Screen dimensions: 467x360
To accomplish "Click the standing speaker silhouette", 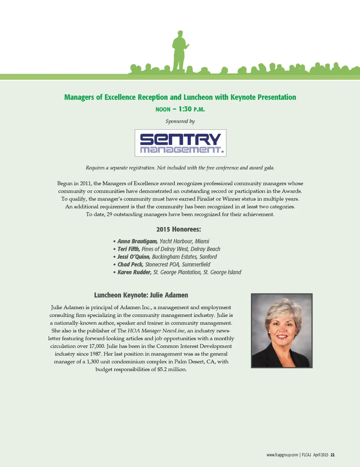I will [x=179, y=51].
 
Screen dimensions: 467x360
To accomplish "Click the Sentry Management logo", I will [x=180, y=143].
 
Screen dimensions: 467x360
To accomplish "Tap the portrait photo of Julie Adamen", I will [x=282, y=331].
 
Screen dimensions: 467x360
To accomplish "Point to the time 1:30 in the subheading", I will [x=185, y=109].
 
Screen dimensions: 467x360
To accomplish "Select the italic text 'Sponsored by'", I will [x=180, y=121].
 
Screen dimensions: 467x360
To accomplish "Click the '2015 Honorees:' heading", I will [x=179, y=229].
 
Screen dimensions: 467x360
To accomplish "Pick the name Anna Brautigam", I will [x=137, y=241].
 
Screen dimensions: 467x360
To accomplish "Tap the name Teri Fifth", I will [x=129, y=249].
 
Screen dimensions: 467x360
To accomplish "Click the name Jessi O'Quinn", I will [x=134, y=257].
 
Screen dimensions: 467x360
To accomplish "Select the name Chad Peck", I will [x=130, y=265].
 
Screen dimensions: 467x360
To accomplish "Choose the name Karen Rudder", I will [x=135, y=272].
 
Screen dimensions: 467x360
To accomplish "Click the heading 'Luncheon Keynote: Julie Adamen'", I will [x=141, y=295].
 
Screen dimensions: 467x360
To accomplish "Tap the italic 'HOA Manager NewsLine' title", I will [x=156, y=331].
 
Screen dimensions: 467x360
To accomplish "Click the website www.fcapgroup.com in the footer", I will [x=282, y=455].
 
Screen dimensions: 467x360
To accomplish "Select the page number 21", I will [x=333, y=455].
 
